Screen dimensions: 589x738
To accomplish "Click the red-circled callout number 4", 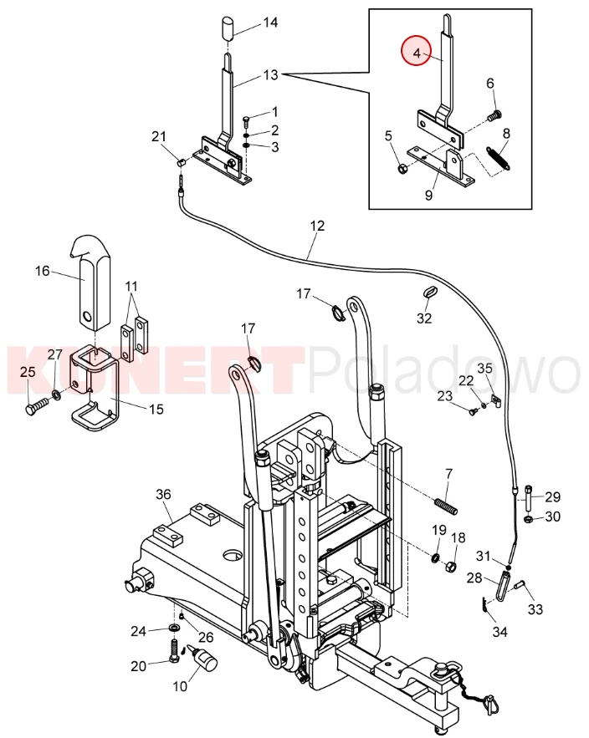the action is click(x=417, y=53).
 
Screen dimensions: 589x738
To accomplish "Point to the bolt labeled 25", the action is click(x=36, y=405).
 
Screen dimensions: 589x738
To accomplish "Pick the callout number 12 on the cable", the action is click(x=318, y=226).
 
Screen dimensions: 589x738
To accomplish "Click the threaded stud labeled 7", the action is click(x=445, y=506).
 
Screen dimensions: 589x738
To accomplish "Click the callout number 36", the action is click(x=163, y=494).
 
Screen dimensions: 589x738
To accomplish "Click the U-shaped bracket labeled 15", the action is click(x=94, y=386).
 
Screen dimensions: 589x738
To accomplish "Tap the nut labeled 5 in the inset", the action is click(x=402, y=168).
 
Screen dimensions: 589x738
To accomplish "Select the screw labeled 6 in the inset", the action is click(x=494, y=115).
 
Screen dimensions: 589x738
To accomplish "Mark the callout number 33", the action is click(x=535, y=609).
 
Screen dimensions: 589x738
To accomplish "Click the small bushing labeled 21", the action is click(x=181, y=162).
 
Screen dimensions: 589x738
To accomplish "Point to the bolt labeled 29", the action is click(x=528, y=498).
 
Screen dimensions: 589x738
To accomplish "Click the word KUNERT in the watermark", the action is click(x=153, y=370).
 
